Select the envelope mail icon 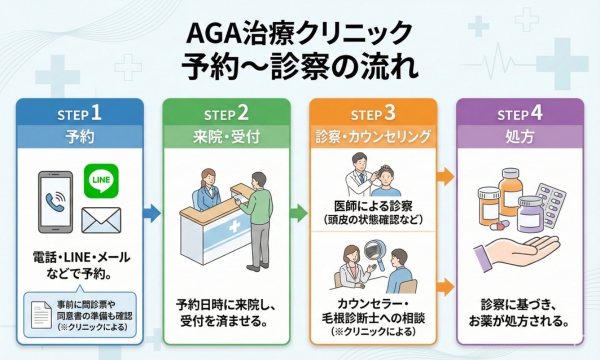pyautogui.click(x=100, y=217)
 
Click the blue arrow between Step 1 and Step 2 pyautogui.click(x=149, y=212)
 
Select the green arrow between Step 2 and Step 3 pyautogui.click(x=298, y=212)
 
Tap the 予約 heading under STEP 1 pyautogui.click(x=74, y=135)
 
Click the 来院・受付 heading pyautogui.click(x=226, y=135)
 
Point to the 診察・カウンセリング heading pyautogui.click(x=372, y=135)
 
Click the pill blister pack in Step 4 pyautogui.click(x=553, y=196)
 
